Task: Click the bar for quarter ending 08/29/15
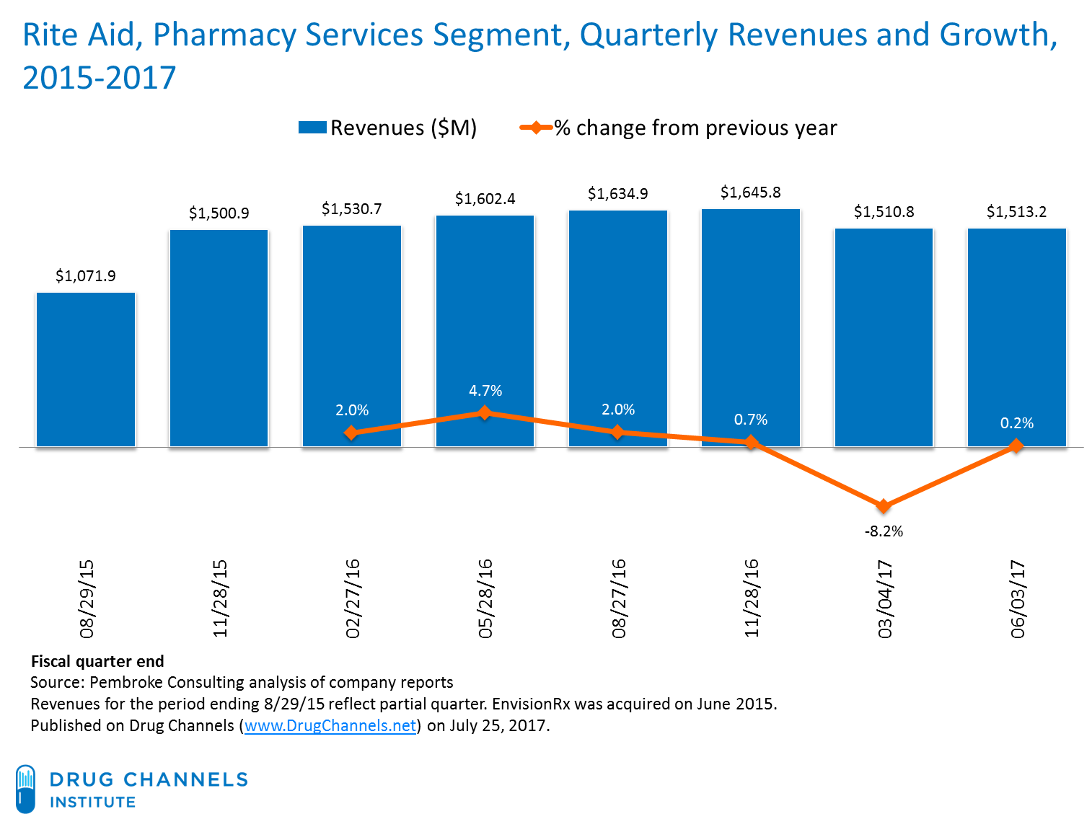86,369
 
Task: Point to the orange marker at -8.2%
884,506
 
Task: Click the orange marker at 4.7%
485,413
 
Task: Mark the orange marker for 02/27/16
351,433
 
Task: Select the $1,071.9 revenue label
86,276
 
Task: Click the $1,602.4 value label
485,199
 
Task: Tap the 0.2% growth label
1016,423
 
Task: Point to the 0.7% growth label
751,420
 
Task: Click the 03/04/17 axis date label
885,598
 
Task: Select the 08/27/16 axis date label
619,598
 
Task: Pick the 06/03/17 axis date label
1017,598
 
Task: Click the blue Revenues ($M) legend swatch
312,128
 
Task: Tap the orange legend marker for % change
536,128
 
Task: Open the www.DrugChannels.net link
330,725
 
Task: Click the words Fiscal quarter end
97,661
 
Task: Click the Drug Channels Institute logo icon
25,788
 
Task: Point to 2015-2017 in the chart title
100,78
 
